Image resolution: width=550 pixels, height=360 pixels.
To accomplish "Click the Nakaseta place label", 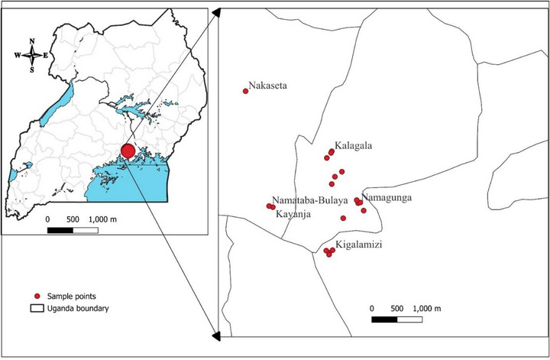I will click(269, 86).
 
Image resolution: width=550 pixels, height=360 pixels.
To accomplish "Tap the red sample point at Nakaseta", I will click(245, 91).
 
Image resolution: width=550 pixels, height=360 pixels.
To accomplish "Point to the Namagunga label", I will click(387, 198).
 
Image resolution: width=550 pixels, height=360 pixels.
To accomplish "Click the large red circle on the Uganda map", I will click(128, 151).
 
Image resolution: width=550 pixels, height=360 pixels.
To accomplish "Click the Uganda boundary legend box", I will click(35, 308).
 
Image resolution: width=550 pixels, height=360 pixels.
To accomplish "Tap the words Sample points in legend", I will click(72, 296).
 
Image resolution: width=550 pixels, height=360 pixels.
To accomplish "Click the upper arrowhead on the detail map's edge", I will click(216, 11).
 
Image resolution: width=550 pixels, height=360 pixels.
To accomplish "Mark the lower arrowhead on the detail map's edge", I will click(216, 335).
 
